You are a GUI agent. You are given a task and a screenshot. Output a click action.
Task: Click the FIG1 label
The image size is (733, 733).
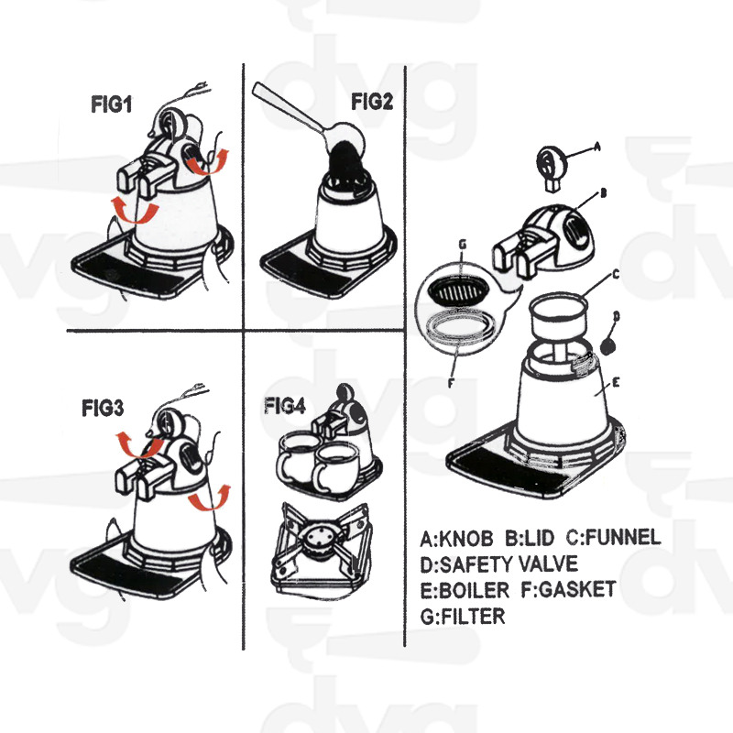point(111,104)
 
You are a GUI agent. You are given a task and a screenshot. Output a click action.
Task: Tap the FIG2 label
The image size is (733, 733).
point(372,102)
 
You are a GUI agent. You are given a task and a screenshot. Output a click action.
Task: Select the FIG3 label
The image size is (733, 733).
point(103,408)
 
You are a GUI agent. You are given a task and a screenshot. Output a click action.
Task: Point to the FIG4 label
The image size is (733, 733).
point(285,406)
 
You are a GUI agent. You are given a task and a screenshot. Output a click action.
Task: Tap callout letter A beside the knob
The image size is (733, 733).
point(596,147)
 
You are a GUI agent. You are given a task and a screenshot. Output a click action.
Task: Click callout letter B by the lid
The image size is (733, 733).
point(603,192)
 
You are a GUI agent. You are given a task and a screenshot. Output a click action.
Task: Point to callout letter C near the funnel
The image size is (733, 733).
point(616,274)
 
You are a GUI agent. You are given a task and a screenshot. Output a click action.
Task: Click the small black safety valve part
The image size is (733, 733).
point(608,346)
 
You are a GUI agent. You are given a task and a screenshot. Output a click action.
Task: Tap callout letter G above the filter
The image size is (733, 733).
point(463,244)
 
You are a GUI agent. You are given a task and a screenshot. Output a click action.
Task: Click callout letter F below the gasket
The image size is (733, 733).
point(451,383)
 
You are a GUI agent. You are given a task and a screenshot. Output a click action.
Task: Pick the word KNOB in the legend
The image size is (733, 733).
point(466,539)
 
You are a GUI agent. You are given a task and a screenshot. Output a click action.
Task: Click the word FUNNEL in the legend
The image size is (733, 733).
point(623,537)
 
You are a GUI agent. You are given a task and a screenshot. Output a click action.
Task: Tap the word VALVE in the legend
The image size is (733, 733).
point(548,564)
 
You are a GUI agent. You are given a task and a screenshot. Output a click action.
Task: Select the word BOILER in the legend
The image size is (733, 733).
point(475,590)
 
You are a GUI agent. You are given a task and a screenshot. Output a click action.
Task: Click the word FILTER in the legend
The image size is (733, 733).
point(473,616)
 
